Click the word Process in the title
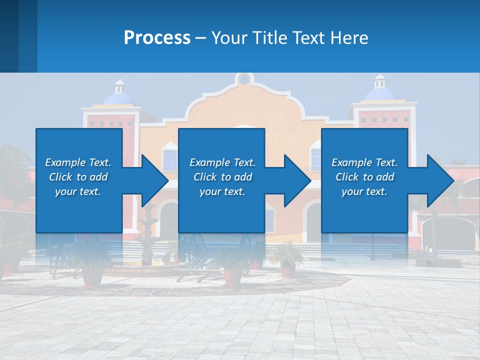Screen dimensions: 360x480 (x=157, y=38)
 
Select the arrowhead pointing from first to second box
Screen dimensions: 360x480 (x=155, y=180)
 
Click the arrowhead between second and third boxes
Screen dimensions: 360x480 (x=297, y=180)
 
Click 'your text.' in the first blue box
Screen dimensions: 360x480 (x=78, y=191)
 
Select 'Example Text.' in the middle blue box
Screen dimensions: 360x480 (x=222, y=162)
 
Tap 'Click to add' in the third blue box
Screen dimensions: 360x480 (x=364, y=177)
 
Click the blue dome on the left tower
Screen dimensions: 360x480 (x=119, y=98)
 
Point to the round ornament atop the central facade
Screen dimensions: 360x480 (x=243, y=79)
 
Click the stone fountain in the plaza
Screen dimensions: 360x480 (x=148, y=240)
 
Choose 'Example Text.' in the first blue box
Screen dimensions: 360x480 (x=78, y=162)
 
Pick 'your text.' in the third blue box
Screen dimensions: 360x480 (x=364, y=191)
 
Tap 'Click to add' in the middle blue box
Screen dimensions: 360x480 (x=222, y=177)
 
